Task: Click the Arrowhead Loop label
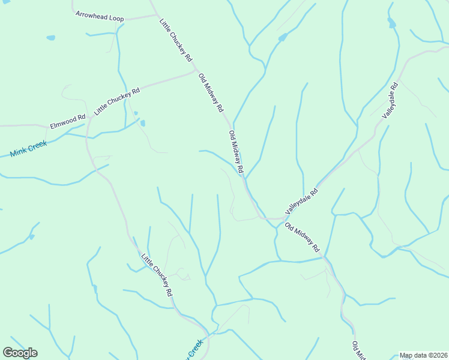100,16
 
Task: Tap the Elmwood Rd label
68,121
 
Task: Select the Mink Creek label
28,149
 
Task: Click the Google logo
20,353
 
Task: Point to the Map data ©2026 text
423,355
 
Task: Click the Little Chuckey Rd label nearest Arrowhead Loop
175,40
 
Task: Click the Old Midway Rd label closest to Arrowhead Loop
211,92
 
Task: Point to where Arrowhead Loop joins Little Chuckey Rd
154,15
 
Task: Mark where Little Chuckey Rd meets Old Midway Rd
196,70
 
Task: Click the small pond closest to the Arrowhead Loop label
51,38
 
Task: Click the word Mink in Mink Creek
19,152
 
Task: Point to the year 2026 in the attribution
439,355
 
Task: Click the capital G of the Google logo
8,352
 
